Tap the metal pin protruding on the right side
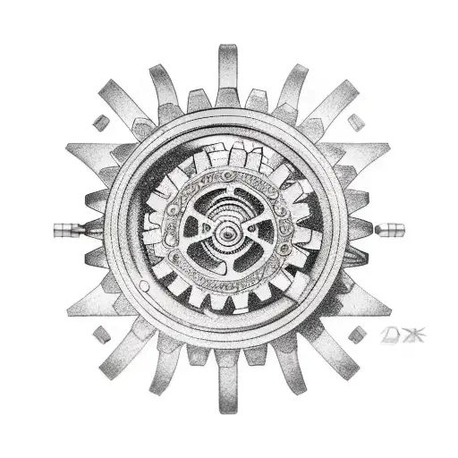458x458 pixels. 391,229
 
